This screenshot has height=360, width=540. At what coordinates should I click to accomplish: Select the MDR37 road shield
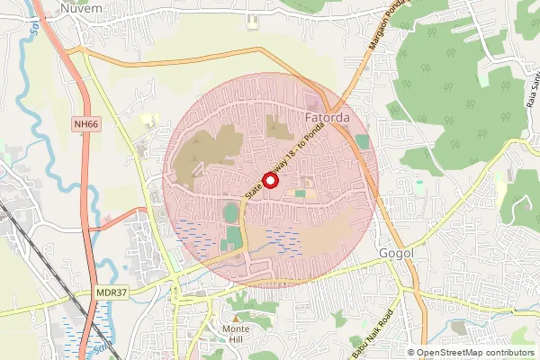tap(107, 292)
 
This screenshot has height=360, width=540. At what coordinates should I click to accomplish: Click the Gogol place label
tap(396, 254)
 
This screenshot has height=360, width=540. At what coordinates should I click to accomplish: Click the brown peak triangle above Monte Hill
tap(236, 319)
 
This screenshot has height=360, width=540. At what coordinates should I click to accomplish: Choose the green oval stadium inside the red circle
tap(232, 214)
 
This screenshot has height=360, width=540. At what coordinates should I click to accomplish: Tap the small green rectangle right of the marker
tap(300, 193)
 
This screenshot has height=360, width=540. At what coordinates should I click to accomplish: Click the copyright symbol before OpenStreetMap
tap(411, 353)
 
